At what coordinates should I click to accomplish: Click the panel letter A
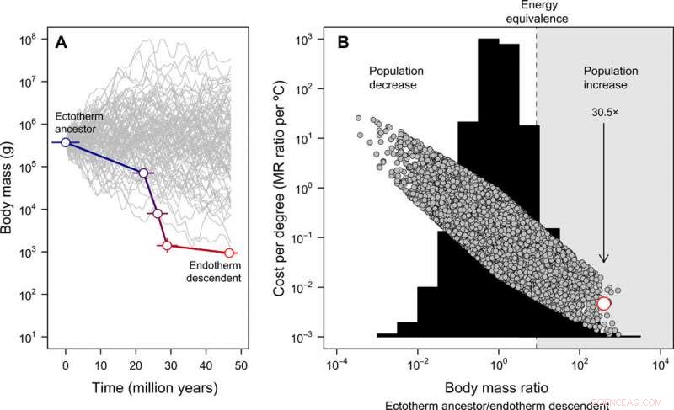click(x=62, y=43)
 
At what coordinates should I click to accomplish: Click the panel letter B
click(x=344, y=43)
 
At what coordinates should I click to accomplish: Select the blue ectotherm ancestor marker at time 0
click(x=66, y=143)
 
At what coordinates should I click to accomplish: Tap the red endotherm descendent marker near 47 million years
click(x=228, y=253)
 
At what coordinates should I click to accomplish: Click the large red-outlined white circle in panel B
click(x=603, y=304)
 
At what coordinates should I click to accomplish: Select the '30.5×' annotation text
click(x=603, y=110)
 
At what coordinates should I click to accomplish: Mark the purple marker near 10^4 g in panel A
click(x=158, y=213)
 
